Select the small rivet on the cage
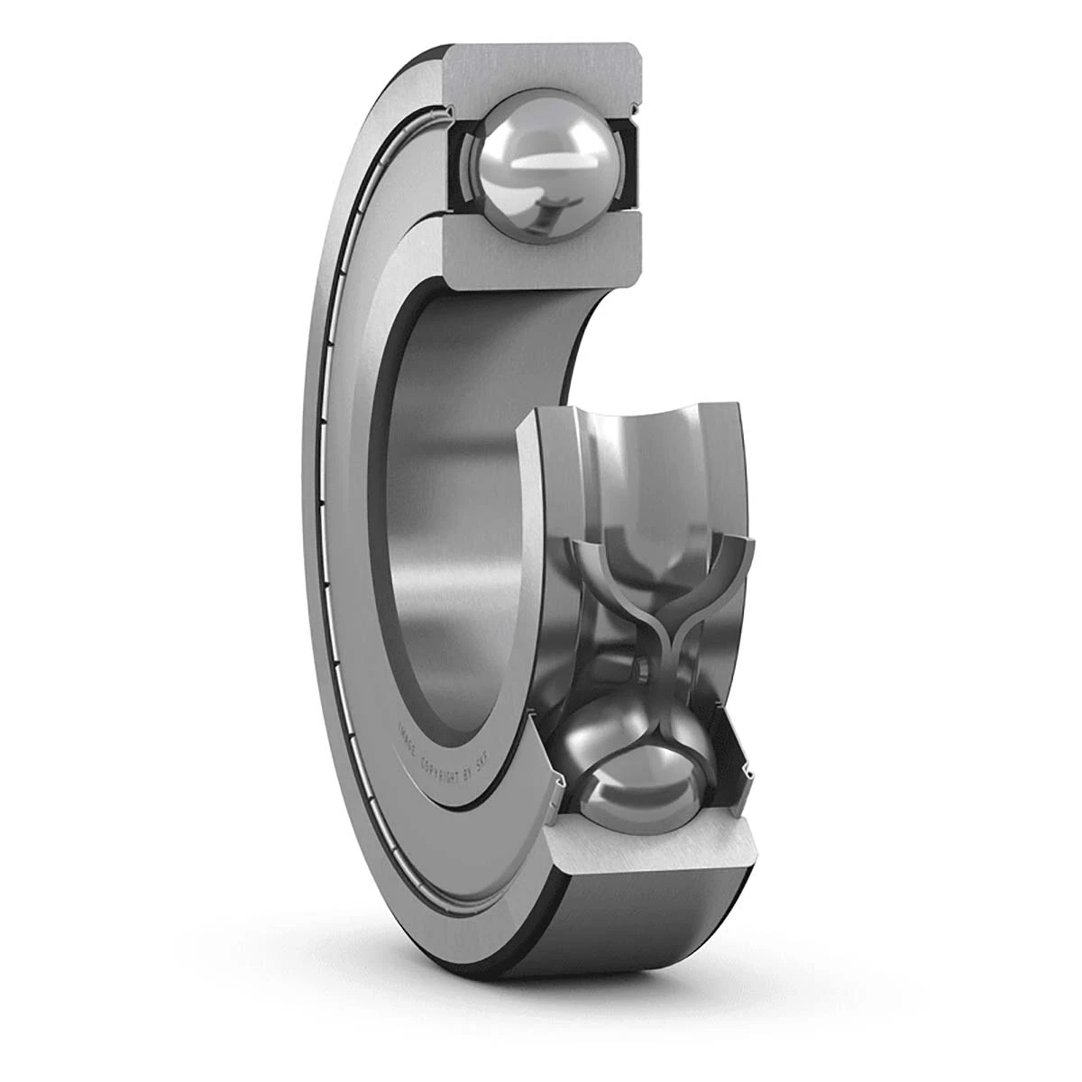[x=639, y=667]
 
